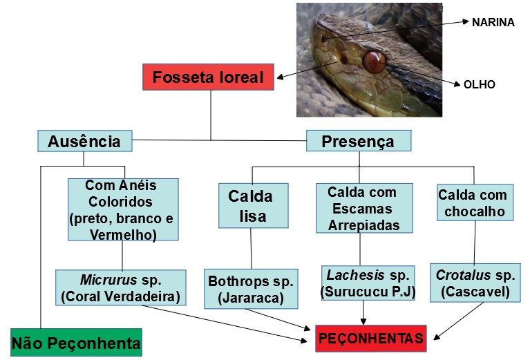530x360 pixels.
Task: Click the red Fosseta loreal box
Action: (208, 77)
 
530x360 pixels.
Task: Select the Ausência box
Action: (84, 142)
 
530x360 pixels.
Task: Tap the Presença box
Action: (358, 141)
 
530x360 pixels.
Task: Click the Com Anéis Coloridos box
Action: (123, 209)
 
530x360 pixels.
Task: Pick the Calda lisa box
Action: (251, 206)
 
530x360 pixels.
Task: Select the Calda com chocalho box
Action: (475, 202)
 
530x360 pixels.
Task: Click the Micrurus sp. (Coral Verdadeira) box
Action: (121, 288)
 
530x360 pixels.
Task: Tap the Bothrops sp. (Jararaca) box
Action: (251, 289)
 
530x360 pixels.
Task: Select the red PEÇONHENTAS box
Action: (371, 338)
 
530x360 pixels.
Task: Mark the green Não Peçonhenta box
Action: (76, 342)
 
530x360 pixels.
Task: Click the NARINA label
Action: (493, 22)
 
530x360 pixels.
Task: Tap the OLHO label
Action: (479, 84)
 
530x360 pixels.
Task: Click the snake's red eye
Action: (374, 61)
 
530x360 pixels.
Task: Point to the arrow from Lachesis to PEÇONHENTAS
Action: (363, 312)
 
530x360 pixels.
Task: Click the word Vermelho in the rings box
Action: (123, 234)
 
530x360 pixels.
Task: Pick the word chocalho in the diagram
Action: (475, 211)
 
